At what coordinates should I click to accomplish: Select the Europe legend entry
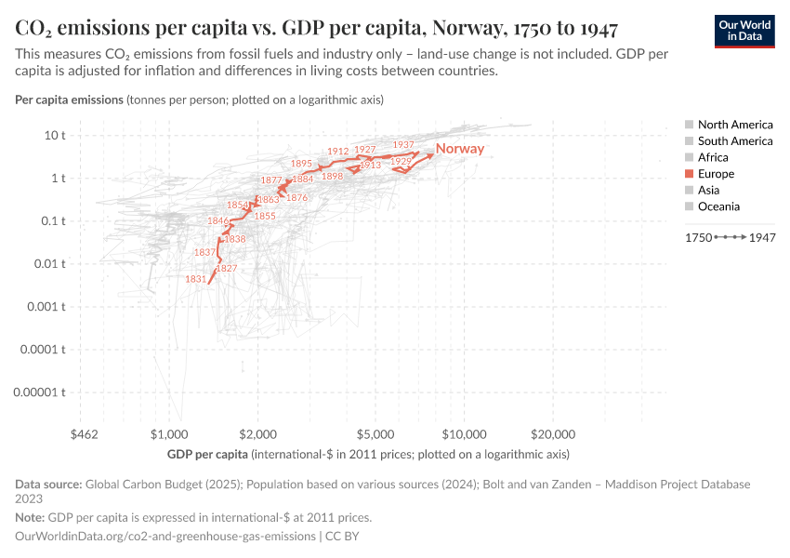[715, 174]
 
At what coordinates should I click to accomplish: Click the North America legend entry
[734, 125]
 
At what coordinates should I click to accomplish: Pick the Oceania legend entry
[718, 206]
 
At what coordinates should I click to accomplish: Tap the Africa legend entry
[713, 157]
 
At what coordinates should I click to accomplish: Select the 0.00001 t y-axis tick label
[42, 392]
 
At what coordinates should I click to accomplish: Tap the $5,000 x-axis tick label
[375, 434]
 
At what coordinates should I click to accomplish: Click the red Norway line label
[460, 149]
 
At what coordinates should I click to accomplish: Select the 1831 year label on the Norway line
[196, 279]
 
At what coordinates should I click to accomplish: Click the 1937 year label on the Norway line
[403, 145]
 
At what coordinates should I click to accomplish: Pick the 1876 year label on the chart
[296, 197]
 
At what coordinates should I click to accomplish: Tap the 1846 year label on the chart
[218, 221]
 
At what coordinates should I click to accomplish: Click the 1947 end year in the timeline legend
[763, 238]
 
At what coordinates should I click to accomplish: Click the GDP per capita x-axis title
[209, 454]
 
